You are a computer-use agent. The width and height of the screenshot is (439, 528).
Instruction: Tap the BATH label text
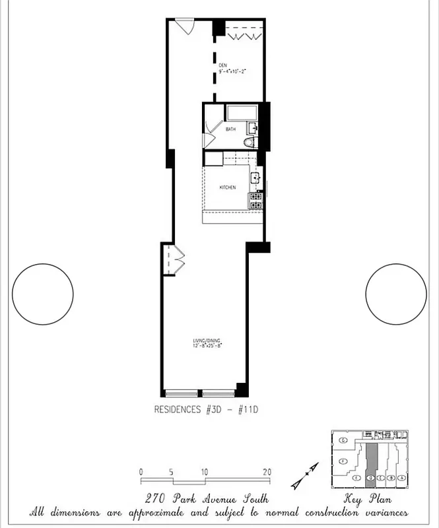click(x=230, y=129)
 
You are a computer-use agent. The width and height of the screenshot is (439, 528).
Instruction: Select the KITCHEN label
click(x=228, y=188)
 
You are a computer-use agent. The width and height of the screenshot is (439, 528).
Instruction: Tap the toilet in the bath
click(x=250, y=143)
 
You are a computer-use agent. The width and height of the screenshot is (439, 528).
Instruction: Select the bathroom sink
click(x=253, y=127)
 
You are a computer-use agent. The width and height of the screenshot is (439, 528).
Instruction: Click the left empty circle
click(x=43, y=294)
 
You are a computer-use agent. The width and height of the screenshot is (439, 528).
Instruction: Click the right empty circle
click(x=396, y=294)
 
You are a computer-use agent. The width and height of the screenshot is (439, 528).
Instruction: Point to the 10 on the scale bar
click(x=204, y=472)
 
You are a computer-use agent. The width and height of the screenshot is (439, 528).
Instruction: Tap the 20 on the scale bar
click(x=267, y=472)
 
